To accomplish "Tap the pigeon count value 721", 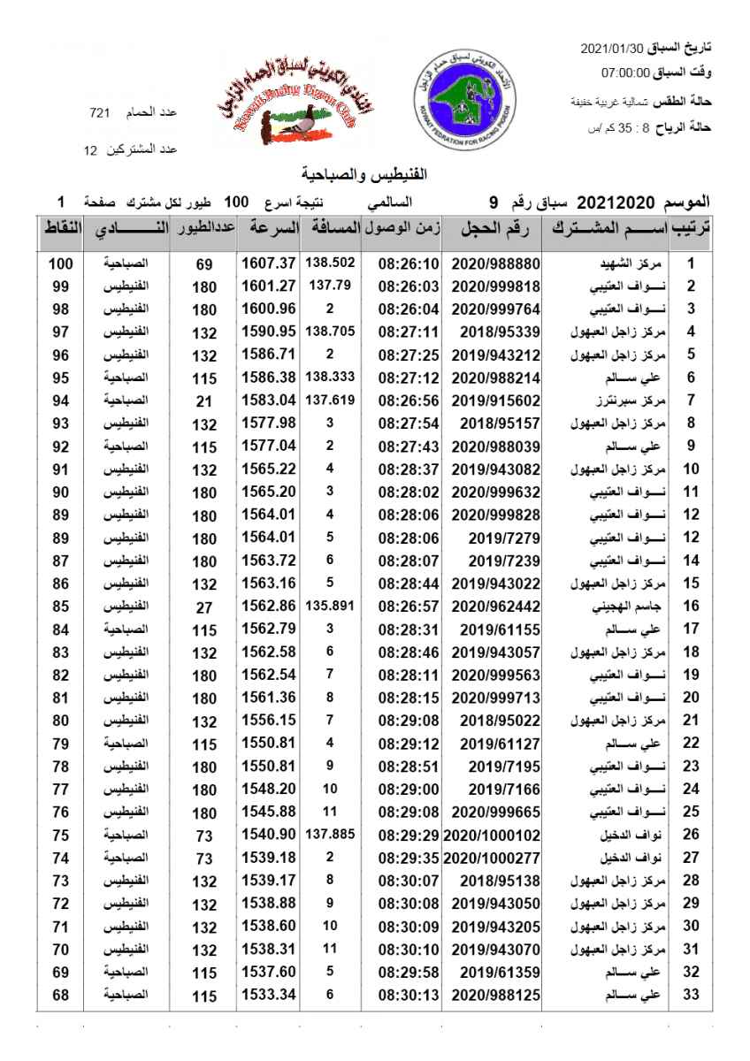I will [x=99, y=113].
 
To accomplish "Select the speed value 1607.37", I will [x=267, y=263].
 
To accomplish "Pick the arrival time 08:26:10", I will [x=409, y=263].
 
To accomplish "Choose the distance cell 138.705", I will [x=329, y=332].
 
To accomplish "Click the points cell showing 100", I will [x=60, y=263].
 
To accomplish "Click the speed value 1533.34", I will [x=267, y=996].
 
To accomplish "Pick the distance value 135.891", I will [x=329, y=607].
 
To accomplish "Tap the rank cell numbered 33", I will [x=692, y=996].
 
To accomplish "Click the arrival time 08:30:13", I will [x=409, y=996].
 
